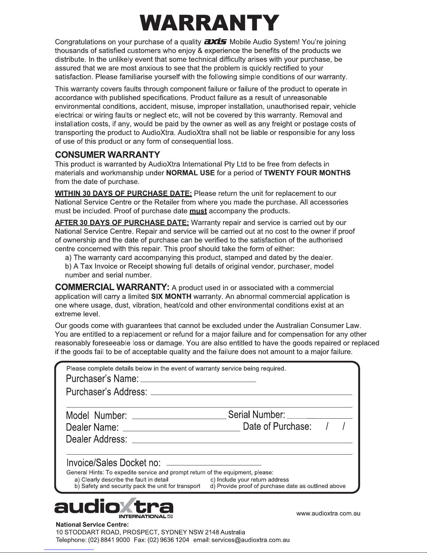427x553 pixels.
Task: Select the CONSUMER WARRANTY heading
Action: click(108, 155)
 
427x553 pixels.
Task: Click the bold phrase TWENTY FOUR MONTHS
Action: click(307, 173)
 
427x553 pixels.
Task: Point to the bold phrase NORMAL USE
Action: click(191, 173)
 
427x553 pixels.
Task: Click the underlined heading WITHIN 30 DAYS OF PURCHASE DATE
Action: click(123, 194)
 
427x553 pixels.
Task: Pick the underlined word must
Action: click(198, 211)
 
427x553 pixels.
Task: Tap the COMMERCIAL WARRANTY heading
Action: click(113, 287)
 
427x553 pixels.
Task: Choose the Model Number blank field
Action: click(179, 417)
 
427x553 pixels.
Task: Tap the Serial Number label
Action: click(257, 415)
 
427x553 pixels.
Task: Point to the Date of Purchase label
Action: click(277, 426)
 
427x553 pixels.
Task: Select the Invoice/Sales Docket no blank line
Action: click(214, 464)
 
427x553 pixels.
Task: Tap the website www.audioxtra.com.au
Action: click(328, 513)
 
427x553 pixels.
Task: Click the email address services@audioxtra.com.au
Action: click(251, 540)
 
